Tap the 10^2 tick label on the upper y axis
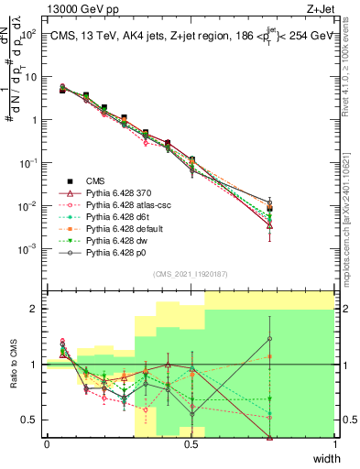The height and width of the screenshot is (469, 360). [27, 34]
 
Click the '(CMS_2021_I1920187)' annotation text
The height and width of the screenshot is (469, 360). [191, 273]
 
